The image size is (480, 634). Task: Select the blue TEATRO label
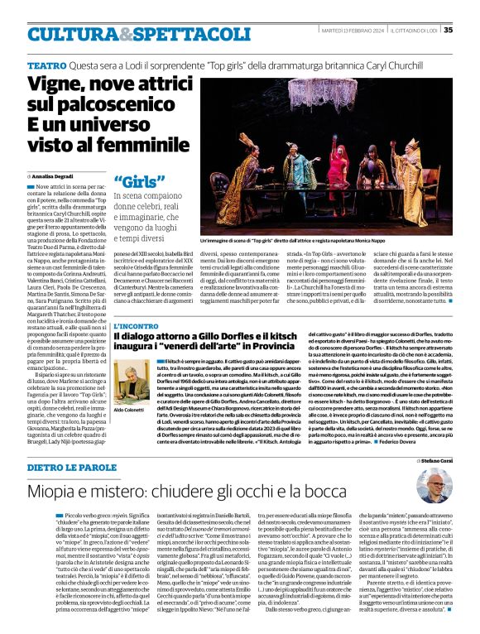tap(46, 65)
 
